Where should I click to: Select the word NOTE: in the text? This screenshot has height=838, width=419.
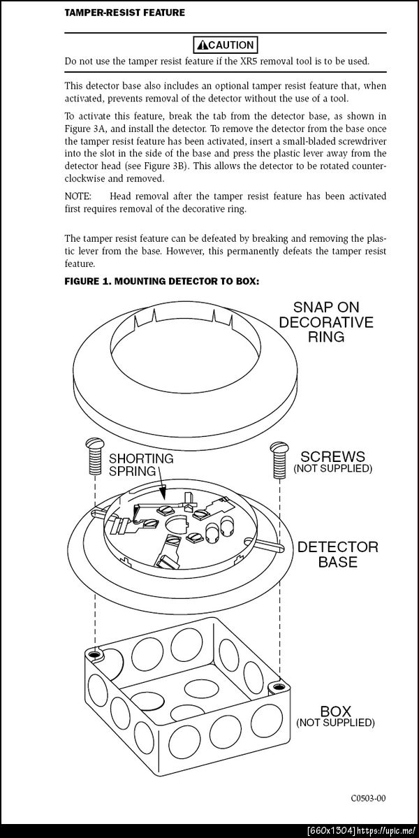(78, 196)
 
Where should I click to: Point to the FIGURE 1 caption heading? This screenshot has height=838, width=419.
(161, 282)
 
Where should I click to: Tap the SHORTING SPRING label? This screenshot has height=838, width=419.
(140, 464)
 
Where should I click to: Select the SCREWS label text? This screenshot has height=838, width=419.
(332, 455)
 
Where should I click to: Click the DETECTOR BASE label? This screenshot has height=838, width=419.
(338, 553)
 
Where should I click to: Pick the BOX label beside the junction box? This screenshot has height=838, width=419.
(335, 711)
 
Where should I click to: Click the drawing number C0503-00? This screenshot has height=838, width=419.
(368, 797)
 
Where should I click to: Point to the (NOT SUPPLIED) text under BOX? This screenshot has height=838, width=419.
(335, 722)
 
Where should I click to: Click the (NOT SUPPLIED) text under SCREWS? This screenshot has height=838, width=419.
(332, 468)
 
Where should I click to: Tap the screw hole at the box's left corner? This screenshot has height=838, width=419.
(94, 653)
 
